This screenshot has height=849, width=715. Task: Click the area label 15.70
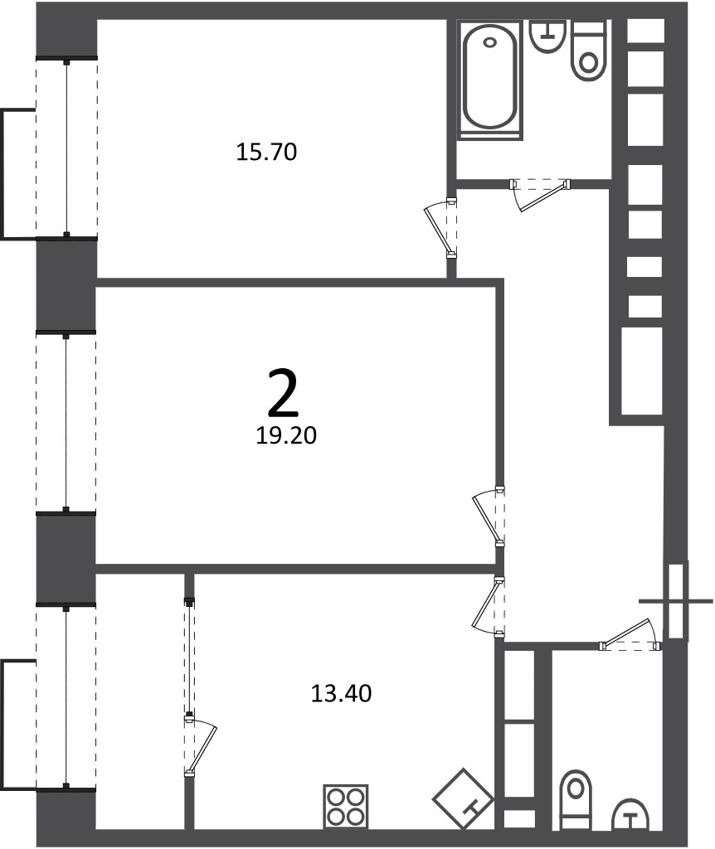[x=266, y=152]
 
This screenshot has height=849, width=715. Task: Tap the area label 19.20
[x=286, y=435]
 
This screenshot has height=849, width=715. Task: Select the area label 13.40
[x=341, y=694]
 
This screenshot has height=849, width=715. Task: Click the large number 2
[x=284, y=394]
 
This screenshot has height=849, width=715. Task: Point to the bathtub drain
[x=490, y=41]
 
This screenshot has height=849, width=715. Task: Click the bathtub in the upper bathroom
[x=490, y=80]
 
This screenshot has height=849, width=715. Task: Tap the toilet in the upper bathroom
[x=588, y=51]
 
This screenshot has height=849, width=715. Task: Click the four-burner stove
[x=346, y=806]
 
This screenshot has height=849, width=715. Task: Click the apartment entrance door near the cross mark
[x=630, y=633]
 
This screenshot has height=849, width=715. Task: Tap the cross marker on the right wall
[x=676, y=601]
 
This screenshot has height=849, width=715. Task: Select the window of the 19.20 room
[x=66, y=422]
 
